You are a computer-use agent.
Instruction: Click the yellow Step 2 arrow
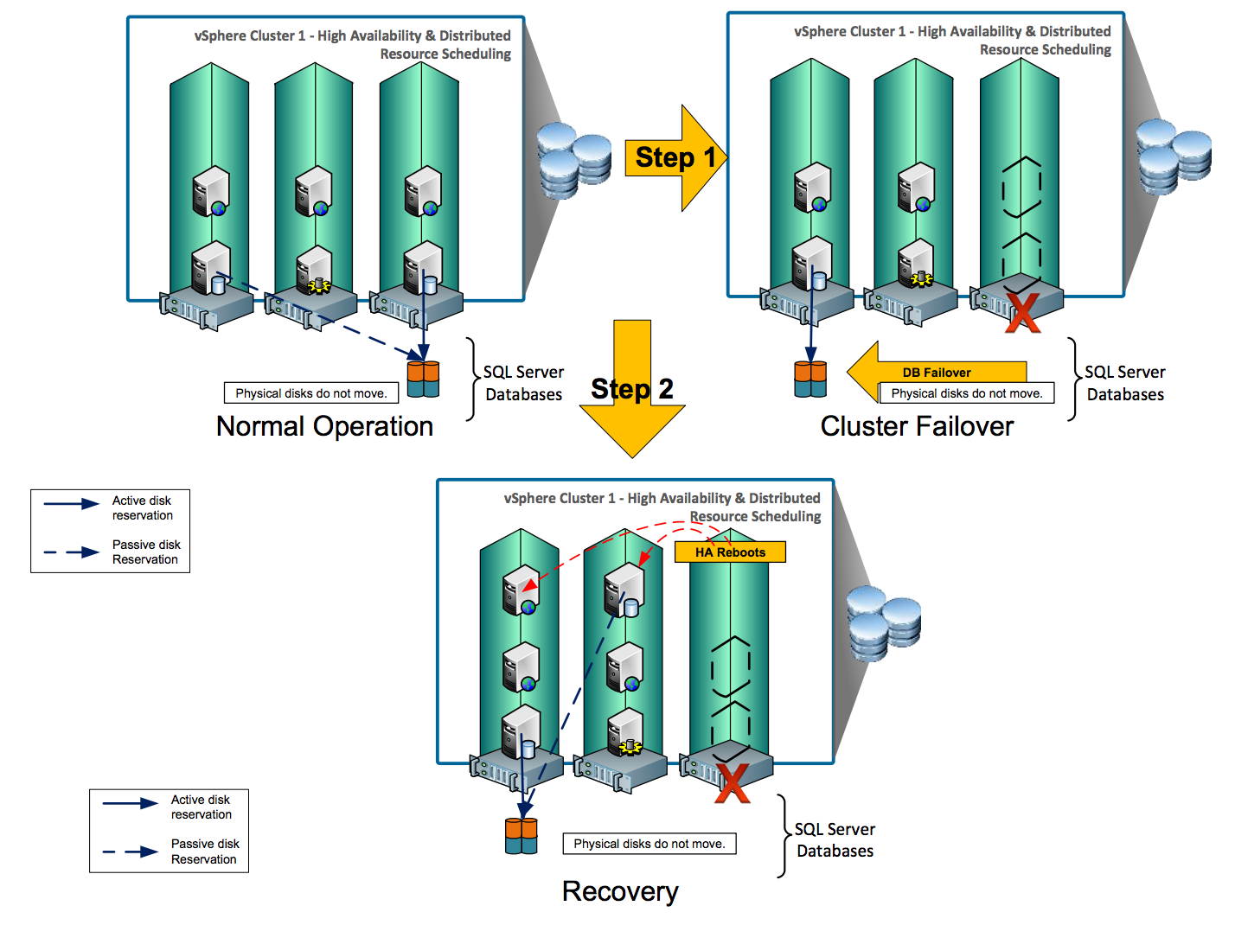pos(632,389)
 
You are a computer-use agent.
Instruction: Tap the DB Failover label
pos(936,373)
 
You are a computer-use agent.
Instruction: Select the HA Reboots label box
pos(730,552)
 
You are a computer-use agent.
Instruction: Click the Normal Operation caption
pos(324,426)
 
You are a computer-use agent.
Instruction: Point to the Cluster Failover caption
pos(917,426)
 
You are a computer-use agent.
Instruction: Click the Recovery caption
pos(620,891)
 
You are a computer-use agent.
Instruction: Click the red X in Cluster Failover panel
pos(1022,313)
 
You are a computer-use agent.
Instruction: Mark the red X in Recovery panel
pos(732,783)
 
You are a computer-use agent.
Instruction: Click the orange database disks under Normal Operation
pos(423,380)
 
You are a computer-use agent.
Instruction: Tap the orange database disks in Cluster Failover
pos(810,380)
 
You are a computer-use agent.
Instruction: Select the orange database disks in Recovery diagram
pos(522,836)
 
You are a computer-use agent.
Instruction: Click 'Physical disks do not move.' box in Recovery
pos(649,844)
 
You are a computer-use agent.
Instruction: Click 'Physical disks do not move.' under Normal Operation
pos(311,393)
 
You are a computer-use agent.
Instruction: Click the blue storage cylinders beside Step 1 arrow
pos(573,161)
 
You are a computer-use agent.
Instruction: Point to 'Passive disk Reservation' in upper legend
pos(145,552)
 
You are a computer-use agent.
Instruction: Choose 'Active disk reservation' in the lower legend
pos(201,807)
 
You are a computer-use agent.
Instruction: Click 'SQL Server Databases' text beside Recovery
pos(835,839)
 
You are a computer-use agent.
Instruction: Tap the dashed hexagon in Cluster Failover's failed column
pos(1021,186)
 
